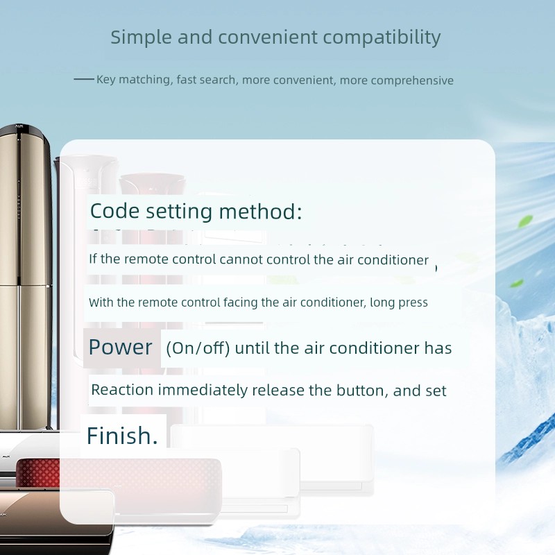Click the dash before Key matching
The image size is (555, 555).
(x=84, y=79)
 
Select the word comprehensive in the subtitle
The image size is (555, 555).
(x=412, y=80)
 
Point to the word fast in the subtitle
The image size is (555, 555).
(x=186, y=80)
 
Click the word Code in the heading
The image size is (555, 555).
(x=114, y=211)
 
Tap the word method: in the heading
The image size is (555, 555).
(x=260, y=212)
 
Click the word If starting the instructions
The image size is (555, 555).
(x=93, y=259)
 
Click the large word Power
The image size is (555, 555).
(x=120, y=347)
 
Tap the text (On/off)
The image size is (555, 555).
(x=198, y=348)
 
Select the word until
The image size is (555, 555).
(x=253, y=348)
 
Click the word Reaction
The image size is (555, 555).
(x=122, y=390)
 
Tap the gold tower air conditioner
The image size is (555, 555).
(x=26, y=276)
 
